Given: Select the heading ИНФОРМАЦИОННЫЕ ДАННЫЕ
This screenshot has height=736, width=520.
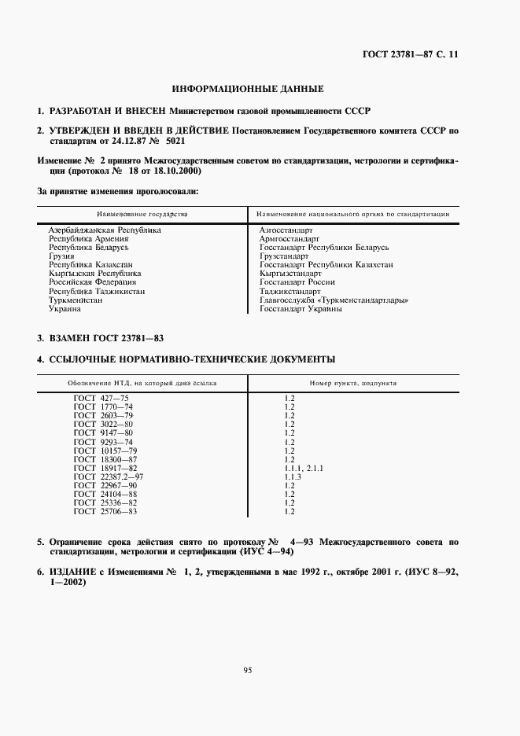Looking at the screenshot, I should (x=248, y=89).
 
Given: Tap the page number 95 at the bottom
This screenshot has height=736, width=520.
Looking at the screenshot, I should (x=247, y=670).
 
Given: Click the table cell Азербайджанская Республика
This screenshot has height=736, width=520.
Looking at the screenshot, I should (x=105, y=230).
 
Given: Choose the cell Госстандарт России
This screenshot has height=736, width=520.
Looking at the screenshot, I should (x=297, y=282).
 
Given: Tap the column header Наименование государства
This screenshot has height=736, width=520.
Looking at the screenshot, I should (x=142, y=214).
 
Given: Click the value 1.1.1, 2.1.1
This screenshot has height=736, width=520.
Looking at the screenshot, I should (x=304, y=469).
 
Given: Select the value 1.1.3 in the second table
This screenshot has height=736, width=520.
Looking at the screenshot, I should (x=293, y=477).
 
